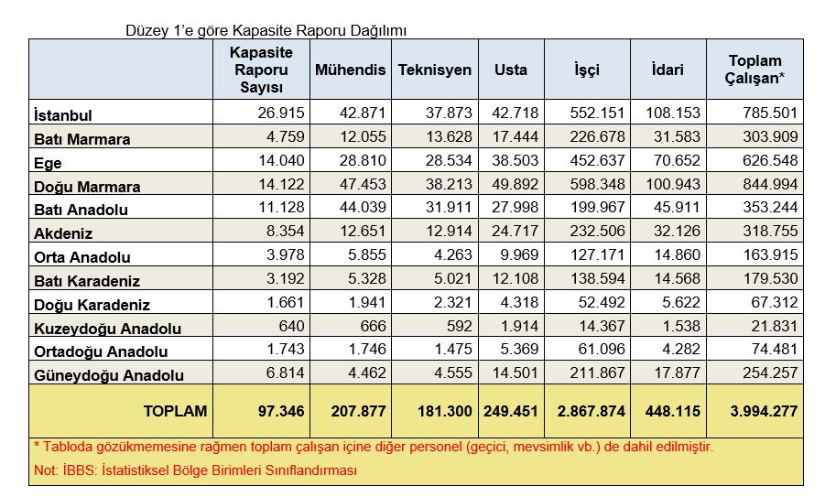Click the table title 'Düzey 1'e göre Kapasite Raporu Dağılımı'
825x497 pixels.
(x=266, y=30)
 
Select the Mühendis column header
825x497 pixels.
(x=350, y=70)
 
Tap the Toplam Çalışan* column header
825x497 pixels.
(x=755, y=70)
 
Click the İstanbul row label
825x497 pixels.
(x=63, y=115)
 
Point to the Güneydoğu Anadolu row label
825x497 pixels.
(x=109, y=375)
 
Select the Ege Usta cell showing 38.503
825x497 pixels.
(x=510, y=161)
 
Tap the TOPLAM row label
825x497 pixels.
(x=175, y=412)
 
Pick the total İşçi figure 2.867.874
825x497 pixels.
(x=592, y=412)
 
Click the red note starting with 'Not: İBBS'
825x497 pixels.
(x=194, y=470)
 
